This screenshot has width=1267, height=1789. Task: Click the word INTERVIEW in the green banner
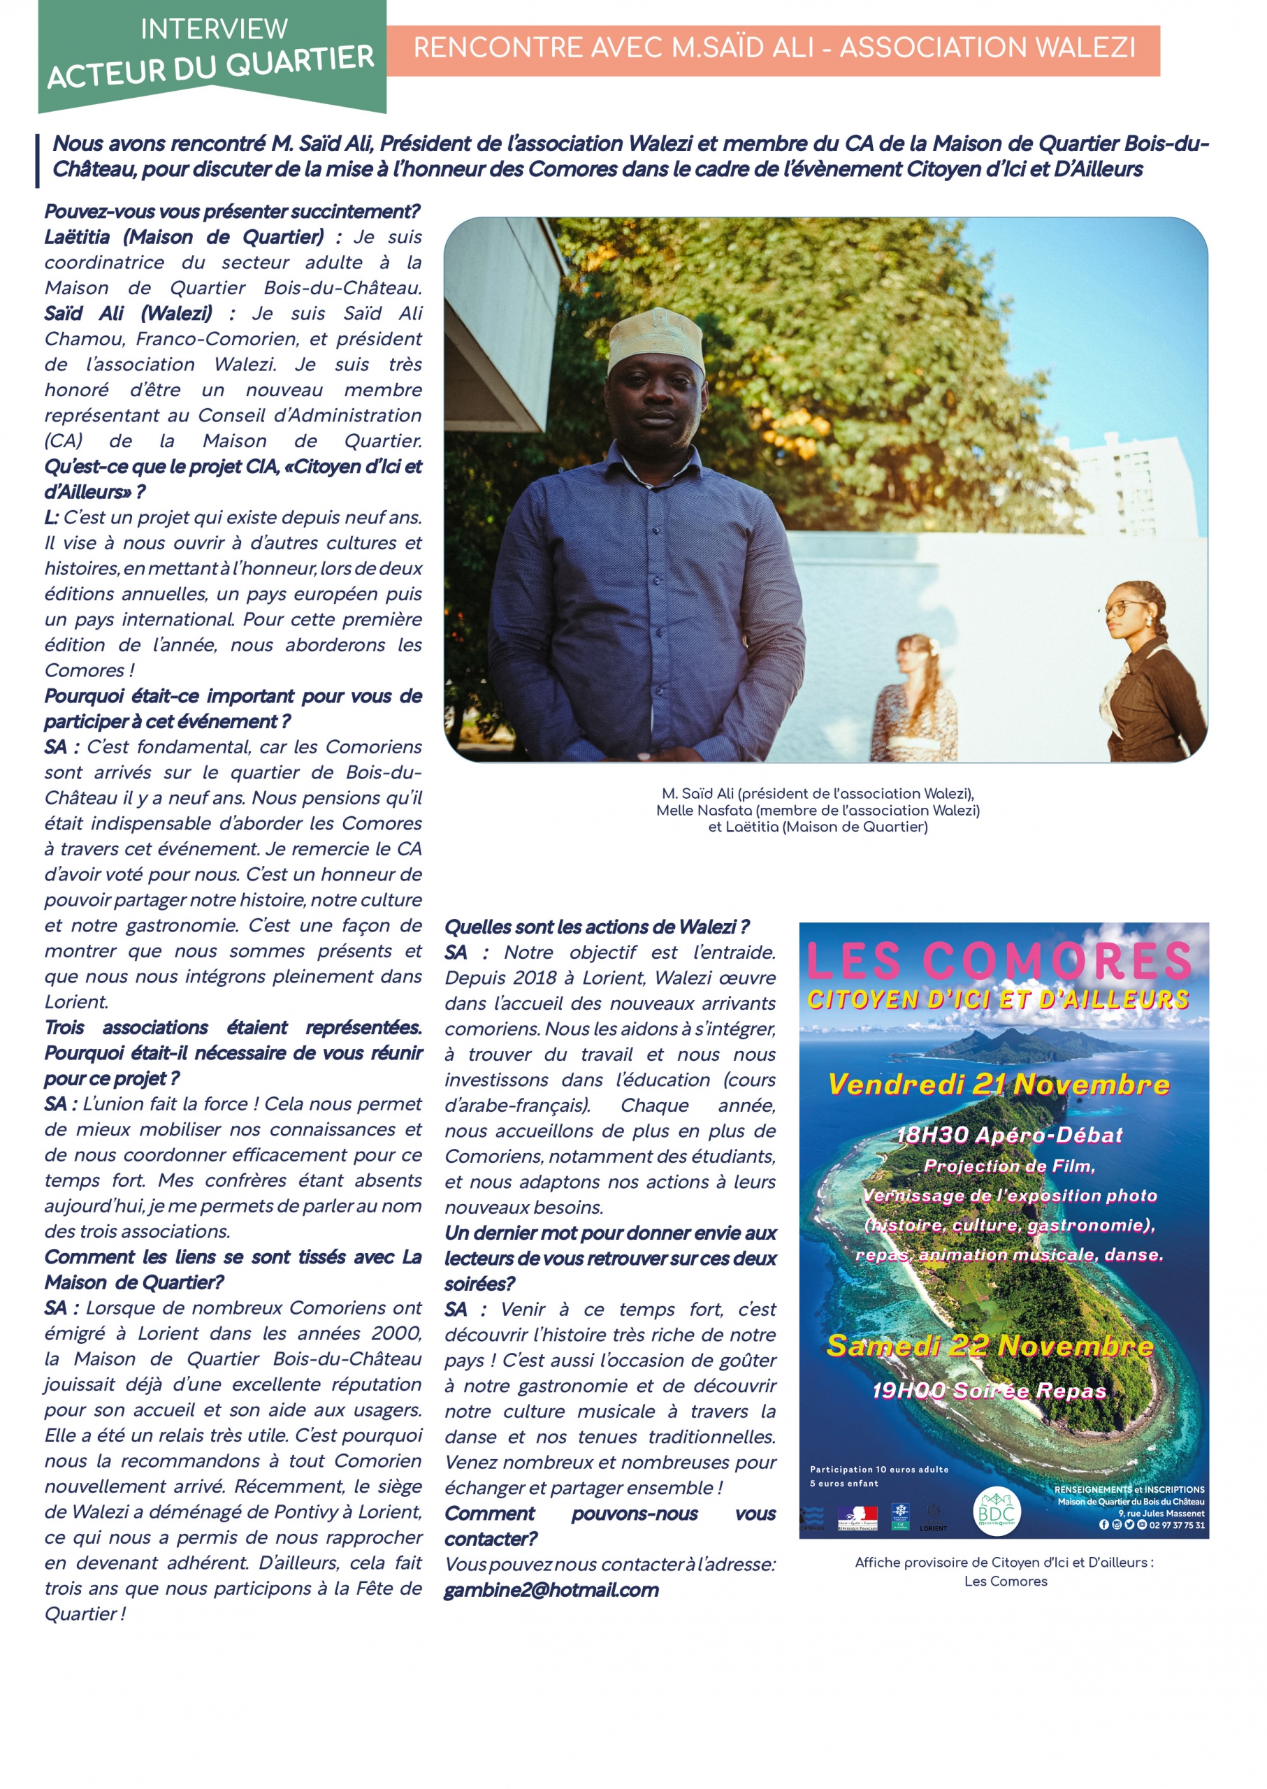click(x=214, y=29)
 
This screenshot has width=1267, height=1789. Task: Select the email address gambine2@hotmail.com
click(x=551, y=1590)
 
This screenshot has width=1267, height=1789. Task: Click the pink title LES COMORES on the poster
click(x=998, y=960)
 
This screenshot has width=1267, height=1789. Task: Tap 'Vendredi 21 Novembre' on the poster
click(x=998, y=1084)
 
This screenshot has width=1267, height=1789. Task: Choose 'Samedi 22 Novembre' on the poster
click(x=990, y=1345)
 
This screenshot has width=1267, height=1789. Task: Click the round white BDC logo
click(x=997, y=1513)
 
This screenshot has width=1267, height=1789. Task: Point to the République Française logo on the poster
click(x=857, y=1517)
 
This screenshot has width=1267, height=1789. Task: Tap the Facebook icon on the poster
click(x=1103, y=1525)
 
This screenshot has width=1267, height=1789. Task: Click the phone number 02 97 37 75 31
click(x=1177, y=1526)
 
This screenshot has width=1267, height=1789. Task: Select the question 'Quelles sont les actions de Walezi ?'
click(x=597, y=927)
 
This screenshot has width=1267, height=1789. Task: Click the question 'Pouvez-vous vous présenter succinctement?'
click(x=232, y=212)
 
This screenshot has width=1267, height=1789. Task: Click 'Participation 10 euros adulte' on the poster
click(x=878, y=1469)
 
